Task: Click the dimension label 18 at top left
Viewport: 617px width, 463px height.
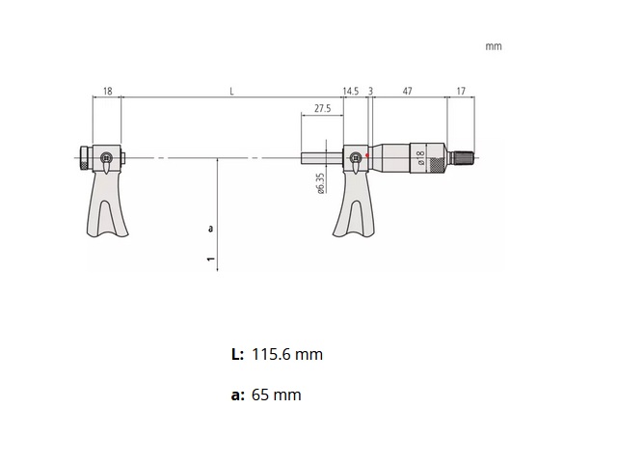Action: point(107,92)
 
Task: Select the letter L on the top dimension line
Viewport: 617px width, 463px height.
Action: point(231,92)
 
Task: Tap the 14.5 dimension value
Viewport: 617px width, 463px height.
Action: point(351,92)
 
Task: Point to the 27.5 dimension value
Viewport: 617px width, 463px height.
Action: point(323,108)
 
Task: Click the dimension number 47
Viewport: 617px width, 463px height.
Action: point(408,92)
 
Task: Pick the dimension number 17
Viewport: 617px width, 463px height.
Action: point(461,92)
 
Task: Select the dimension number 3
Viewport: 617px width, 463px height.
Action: point(370,92)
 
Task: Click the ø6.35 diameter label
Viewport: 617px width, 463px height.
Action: point(320,183)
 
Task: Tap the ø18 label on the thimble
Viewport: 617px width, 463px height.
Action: point(420,157)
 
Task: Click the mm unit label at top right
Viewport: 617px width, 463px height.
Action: point(494,46)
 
